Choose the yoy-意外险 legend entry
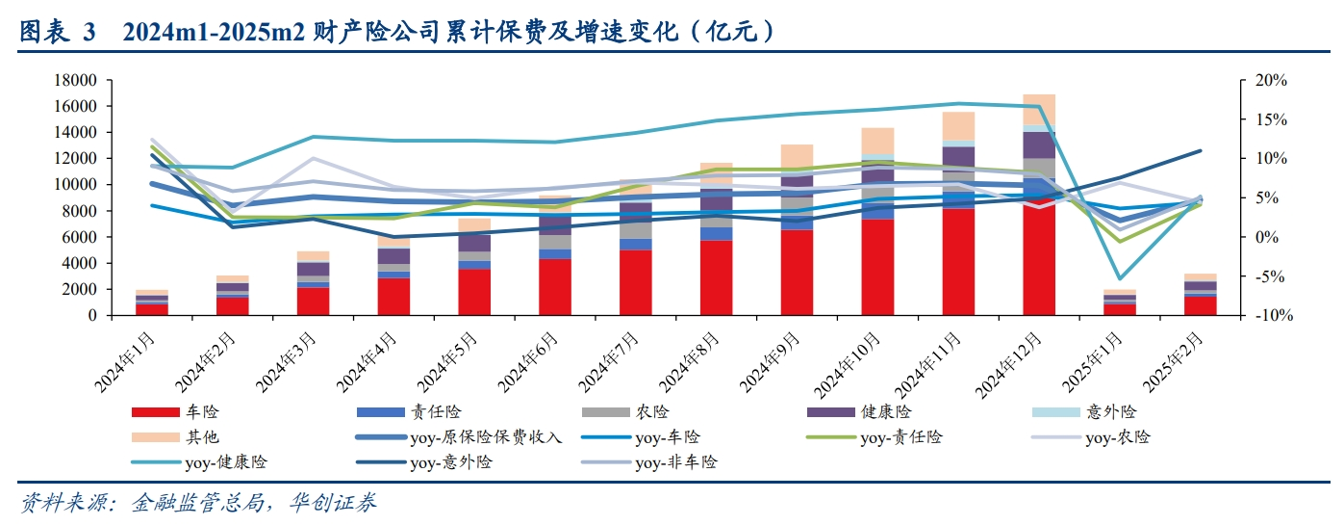(x=451, y=462)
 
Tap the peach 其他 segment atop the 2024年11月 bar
(x=958, y=126)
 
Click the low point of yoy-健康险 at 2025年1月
(x=1119, y=278)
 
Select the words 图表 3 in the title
(x=58, y=32)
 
